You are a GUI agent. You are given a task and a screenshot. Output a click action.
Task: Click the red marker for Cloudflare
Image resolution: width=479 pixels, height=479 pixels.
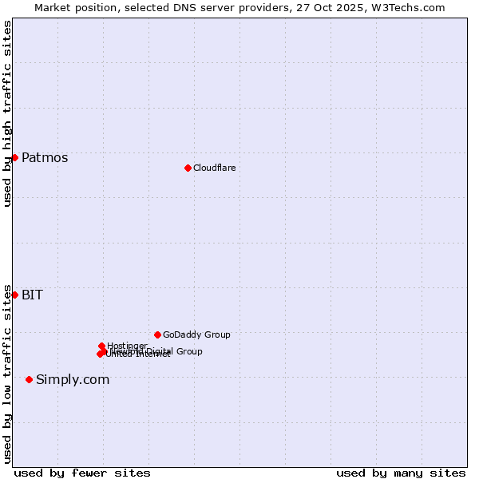click(x=188, y=168)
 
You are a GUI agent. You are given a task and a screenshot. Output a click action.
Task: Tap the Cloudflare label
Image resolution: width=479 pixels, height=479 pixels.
click(x=214, y=168)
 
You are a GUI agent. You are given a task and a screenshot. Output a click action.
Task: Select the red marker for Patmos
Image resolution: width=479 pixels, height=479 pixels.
click(x=14, y=157)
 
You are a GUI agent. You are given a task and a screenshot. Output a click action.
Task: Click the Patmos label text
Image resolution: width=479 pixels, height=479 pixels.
click(x=45, y=157)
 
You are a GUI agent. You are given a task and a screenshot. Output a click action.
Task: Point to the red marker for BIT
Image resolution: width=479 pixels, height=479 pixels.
click(x=14, y=295)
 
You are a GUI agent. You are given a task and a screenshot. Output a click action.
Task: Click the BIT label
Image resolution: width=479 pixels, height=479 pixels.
click(x=32, y=295)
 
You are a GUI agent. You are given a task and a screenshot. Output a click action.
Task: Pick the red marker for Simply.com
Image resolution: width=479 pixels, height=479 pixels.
click(x=30, y=379)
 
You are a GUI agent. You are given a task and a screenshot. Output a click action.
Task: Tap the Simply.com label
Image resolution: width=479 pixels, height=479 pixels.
click(x=73, y=379)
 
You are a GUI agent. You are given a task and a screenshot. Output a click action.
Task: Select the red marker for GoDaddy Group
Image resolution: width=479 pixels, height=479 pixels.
click(x=157, y=335)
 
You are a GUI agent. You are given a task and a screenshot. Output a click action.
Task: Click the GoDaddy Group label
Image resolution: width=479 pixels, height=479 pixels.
click(x=196, y=335)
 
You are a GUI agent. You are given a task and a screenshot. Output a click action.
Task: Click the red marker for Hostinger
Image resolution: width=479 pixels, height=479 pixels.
click(x=101, y=346)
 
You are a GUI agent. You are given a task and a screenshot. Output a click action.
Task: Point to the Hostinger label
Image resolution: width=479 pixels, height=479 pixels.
click(x=127, y=346)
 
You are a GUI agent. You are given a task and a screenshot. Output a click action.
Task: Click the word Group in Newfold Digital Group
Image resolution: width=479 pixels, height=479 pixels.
click(x=188, y=351)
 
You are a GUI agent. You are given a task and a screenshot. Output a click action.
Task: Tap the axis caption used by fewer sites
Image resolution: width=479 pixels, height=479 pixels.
click(x=82, y=473)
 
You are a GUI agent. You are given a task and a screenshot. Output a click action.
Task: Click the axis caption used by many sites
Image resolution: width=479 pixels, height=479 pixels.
click(x=401, y=473)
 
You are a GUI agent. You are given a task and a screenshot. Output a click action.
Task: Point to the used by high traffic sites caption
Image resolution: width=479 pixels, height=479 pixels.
click(x=7, y=113)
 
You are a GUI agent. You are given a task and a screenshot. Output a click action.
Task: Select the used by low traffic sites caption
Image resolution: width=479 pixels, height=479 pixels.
click(x=7, y=373)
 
